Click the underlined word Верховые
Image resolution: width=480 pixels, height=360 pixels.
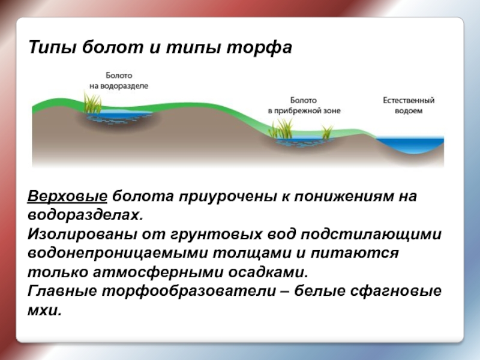(67, 196)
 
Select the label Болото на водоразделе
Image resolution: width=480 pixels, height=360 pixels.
(119, 80)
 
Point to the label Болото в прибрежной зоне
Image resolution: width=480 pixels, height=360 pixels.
(304, 106)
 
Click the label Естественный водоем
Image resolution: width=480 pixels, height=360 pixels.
(409, 106)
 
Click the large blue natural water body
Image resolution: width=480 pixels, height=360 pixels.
(410, 144)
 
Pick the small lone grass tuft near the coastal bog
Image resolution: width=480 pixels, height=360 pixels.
(327, 131)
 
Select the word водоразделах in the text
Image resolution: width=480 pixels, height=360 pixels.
(85, 215)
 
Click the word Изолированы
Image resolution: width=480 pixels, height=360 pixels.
(82, 234)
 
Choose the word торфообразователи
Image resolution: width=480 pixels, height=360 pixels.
(189, 291)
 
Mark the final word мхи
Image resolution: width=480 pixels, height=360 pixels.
(44, 310)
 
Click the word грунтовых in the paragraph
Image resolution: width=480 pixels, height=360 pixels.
(215, 234)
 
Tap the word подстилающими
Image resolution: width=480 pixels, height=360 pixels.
(371, 234)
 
